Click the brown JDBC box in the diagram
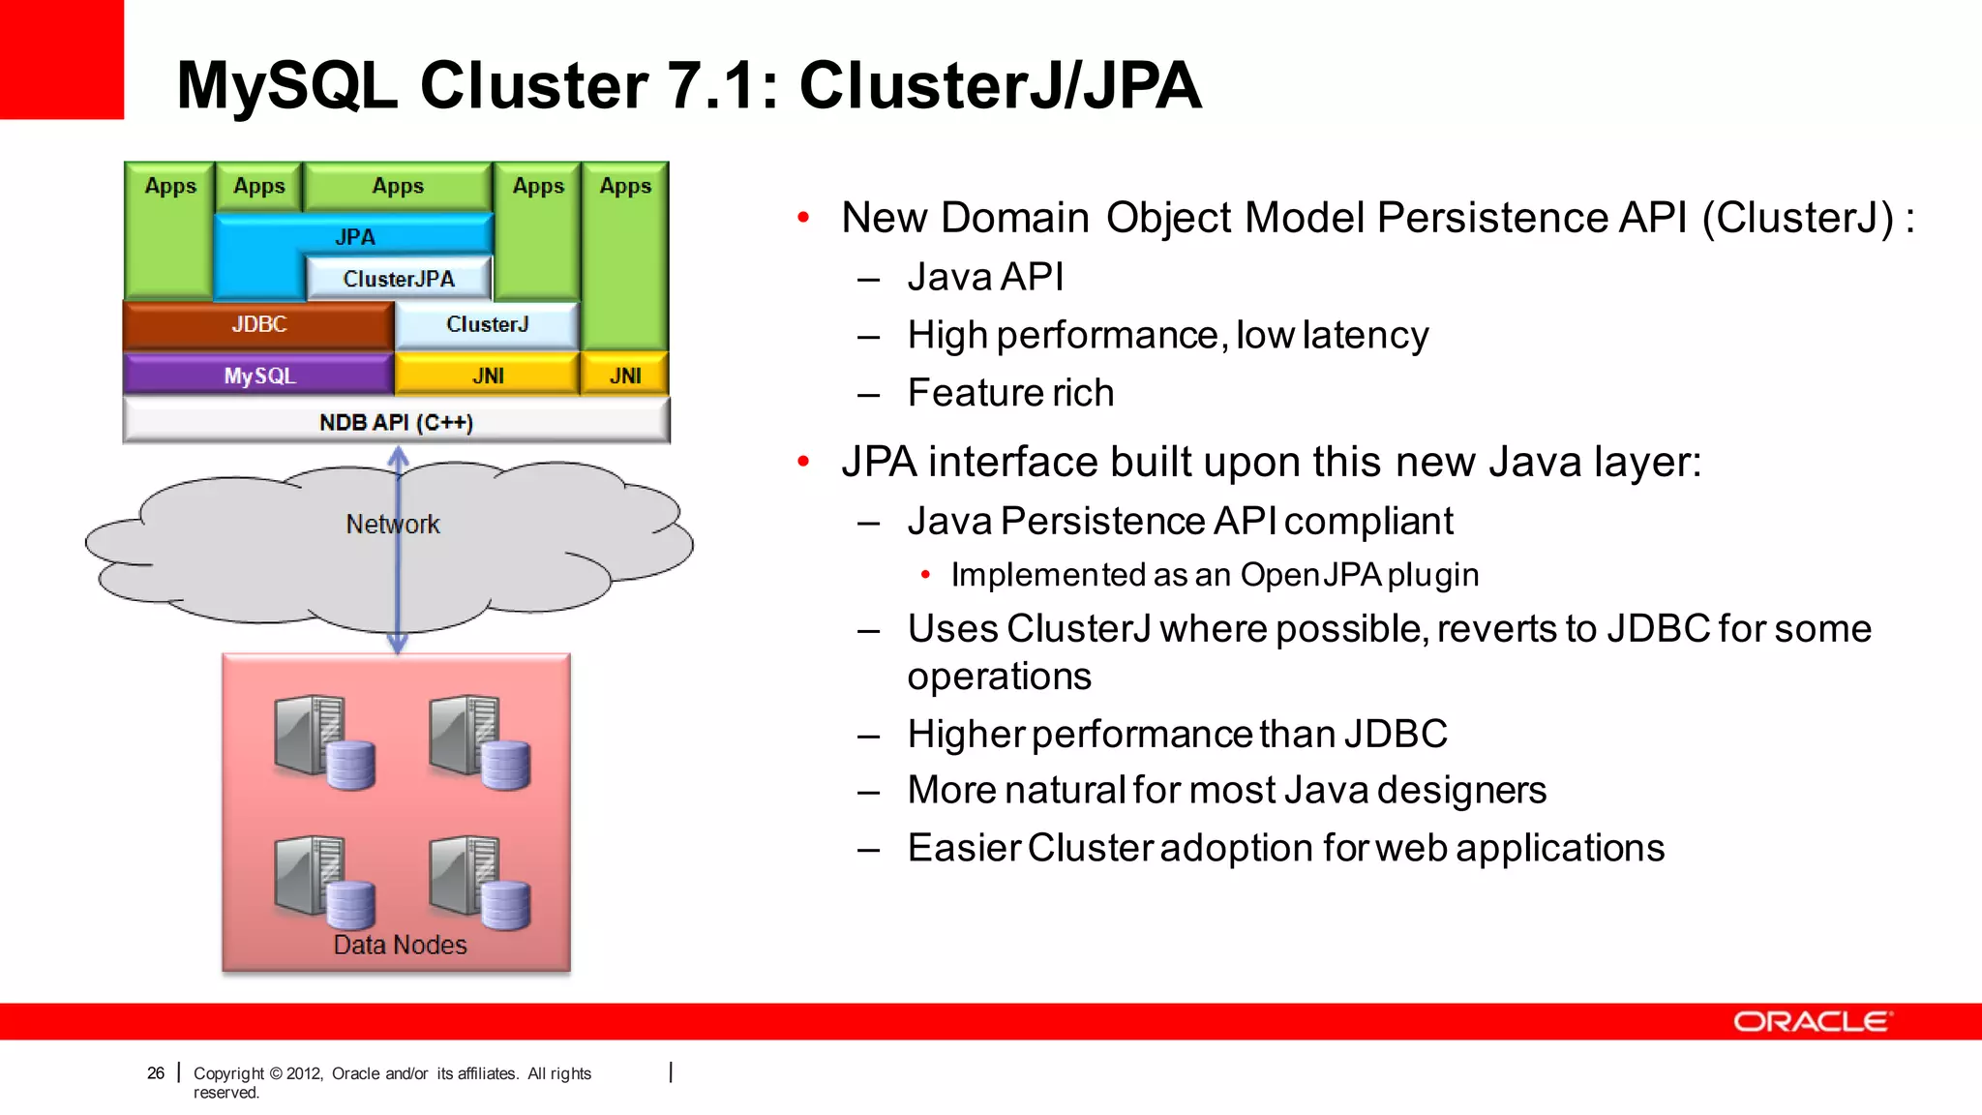point(258,324)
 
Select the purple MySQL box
point(258,376)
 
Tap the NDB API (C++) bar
point(396,422)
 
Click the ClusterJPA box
point(399,279)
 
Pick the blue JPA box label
point(355,236)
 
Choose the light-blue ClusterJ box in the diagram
point(487,324)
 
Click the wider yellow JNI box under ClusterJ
point(488,376)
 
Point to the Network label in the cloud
point(393,524)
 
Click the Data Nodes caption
point(400,945)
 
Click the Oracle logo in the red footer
point(1812,1022)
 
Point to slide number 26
point(156,1072)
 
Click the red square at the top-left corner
point(61,59)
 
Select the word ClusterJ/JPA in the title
point(1000,85)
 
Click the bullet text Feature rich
point(1010,393)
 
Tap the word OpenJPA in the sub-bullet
point(1310,575)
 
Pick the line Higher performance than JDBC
point(1177,734)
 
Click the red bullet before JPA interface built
point(803,462)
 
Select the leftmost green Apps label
point(170,186)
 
